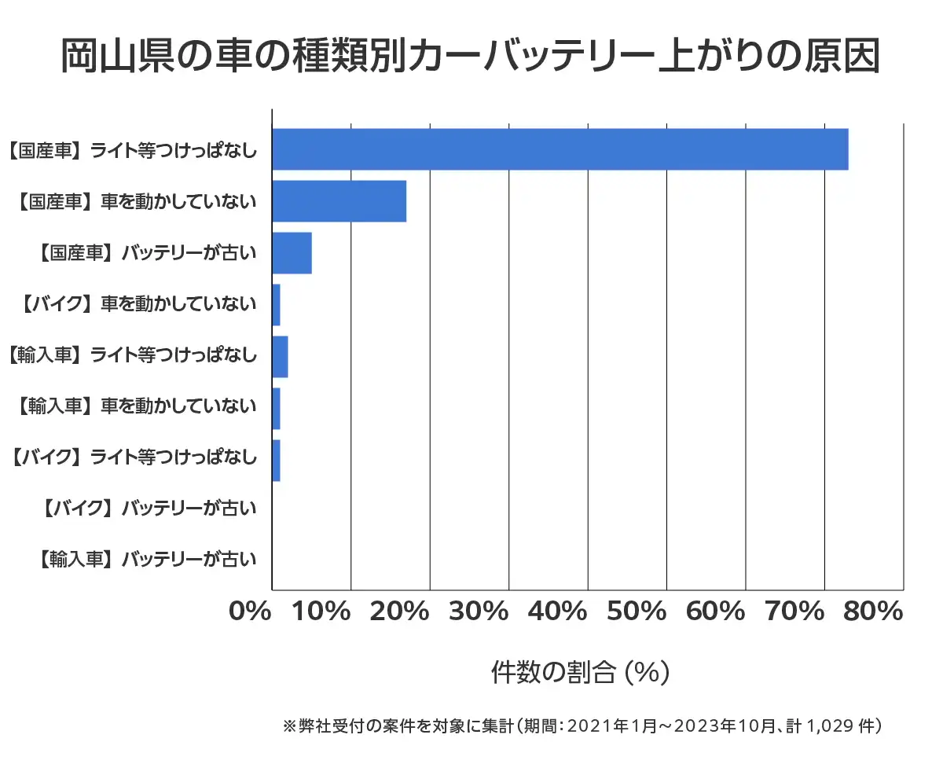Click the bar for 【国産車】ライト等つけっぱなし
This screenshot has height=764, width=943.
pyautogui.click(x=560, y=149)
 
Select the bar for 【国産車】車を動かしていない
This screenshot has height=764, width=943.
pyautogui.click(x=339, y=201)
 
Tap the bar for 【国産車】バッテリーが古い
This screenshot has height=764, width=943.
pyautogui.click(x=292, y=253)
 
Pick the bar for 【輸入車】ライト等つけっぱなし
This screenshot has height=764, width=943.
pyautogui.click(x=280, y=357)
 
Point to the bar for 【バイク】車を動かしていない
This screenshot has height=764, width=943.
pyautogui.click(x=276, y=305)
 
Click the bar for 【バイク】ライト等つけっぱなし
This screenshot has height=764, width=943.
pyautogui.click(x=276, y=461)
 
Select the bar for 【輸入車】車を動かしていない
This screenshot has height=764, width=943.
pyautogui.click(x=276, y=409)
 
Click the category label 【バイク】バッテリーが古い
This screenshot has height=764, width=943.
pyautogui.click(x=147, y=509)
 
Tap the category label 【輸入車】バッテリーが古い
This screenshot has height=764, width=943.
pyautogui.click(x=147, y=560)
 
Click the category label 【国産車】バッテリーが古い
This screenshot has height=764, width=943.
pyautogui.click(x=147, y=253)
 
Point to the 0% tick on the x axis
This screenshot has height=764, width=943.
pyautogui.click(x=251, y=612)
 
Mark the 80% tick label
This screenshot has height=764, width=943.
pyautogui.click(x=871, y=612)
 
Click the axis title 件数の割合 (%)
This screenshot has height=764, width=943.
pyautogui.click(x=580, y=673)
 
